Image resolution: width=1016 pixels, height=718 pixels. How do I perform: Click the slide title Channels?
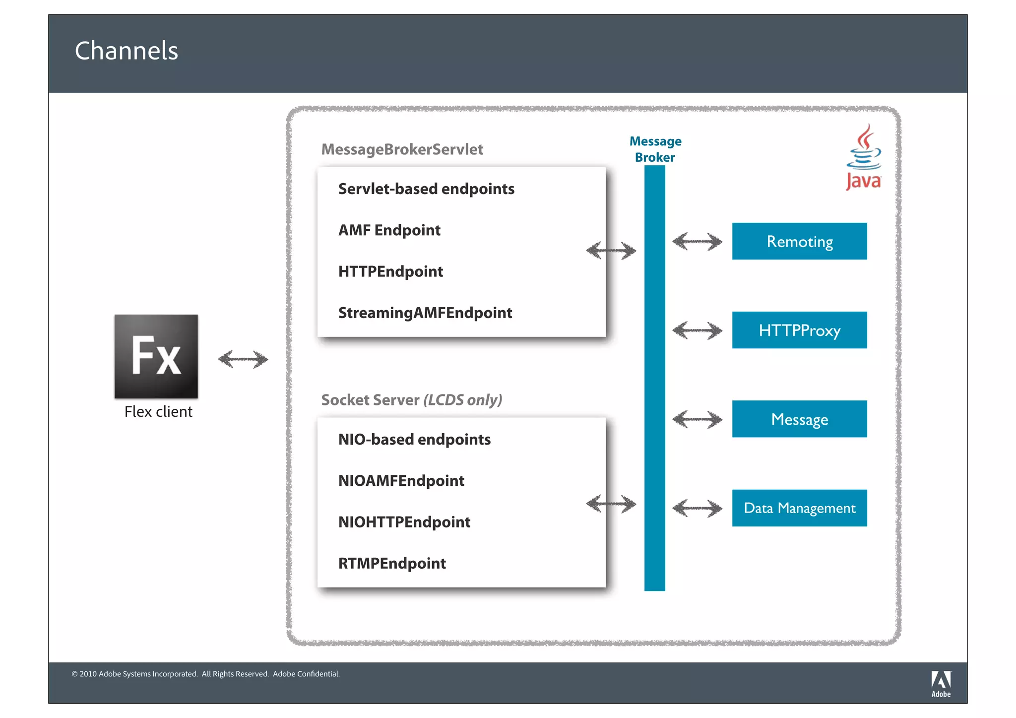point(127,51)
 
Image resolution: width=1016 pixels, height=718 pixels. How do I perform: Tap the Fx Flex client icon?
point(156,356)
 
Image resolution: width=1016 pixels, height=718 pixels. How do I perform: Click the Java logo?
point(864,158)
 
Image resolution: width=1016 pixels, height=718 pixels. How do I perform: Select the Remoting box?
point(799,241)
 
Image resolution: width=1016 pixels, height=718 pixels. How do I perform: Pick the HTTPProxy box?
point(799,330)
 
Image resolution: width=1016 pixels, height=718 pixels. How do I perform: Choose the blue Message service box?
point(799,419)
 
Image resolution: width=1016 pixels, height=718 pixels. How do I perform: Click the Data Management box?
point(799,508)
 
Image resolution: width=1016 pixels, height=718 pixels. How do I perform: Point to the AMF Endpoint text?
point(389,230)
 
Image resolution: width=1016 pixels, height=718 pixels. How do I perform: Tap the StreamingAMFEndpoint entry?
point(425,313)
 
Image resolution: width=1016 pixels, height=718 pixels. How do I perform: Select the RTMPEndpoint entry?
point(392,563)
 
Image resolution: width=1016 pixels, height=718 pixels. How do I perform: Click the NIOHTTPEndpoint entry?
point(404,522)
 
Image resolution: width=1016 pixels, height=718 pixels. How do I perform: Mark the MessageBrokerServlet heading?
point(402,149)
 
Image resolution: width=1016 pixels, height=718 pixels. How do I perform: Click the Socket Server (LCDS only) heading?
point(411,400)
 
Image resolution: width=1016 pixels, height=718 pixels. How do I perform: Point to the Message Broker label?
point(655,149)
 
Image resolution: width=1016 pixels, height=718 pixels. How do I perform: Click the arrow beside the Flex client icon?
point(243,359)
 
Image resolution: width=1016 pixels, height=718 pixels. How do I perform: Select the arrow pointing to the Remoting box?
point(697,242)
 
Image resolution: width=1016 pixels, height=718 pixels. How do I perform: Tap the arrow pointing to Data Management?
point(697,508)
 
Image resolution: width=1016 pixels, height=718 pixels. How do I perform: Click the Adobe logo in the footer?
point(941,684)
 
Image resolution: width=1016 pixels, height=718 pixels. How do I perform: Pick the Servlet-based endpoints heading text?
point(426,189)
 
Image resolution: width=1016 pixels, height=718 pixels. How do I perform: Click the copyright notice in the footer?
point(206,674)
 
